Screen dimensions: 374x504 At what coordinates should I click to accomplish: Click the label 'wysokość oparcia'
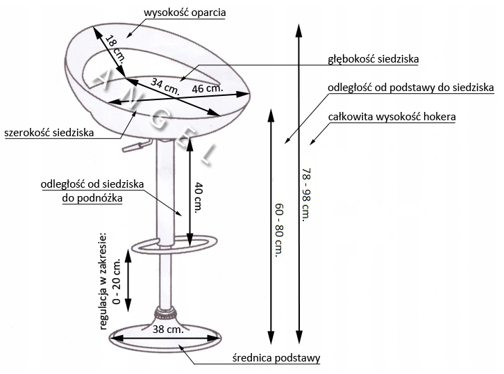coord(185,13)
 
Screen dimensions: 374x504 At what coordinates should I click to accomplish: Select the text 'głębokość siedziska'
coord(373,59)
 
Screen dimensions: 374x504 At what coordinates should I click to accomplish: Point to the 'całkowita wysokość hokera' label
coord(392,117)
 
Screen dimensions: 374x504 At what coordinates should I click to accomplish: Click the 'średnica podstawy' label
coord(276,359)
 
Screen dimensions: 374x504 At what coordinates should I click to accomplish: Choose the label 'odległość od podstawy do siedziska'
coord(411,88)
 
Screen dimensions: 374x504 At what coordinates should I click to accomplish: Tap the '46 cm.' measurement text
coord(207,89)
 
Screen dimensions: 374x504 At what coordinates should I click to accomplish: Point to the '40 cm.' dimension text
coord(198,197)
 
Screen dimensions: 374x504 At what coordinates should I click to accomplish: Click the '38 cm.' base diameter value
coord(167,330)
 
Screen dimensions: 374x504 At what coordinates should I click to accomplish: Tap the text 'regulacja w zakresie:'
coord(103,279)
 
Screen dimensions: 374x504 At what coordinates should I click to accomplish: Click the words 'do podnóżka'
coord(91,198)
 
